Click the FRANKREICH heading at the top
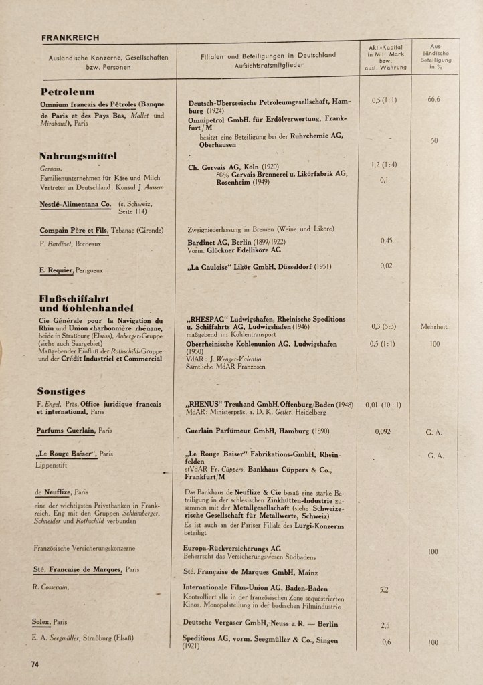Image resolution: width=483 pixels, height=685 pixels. pyautogui.click(x=70, y=38)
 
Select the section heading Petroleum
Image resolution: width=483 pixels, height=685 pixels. pyautogui.click(x=68, y=92)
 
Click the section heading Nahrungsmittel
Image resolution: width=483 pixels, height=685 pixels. pyautogui.click(x=78, y=156)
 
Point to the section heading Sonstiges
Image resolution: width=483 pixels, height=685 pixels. pyautogui.click(x=61, y=391)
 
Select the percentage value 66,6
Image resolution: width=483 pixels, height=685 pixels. pyautogui.click(x=433, y=100)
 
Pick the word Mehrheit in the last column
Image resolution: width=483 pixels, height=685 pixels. pyautogui.click(x=433, y=326)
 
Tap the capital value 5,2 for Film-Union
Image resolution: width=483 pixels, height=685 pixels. pyautogui.click(x=384, y=591)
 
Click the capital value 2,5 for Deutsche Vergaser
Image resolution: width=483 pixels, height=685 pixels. pyautogui.click(x=385, y=625)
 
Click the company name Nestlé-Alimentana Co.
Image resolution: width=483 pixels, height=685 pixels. pyautogui.click(x=75, y=203)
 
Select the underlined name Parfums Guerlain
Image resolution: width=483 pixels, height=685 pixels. pyautogui.click(x=64, y=431)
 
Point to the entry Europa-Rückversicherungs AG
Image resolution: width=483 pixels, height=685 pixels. pyautogui.click(x=231, y=547)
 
